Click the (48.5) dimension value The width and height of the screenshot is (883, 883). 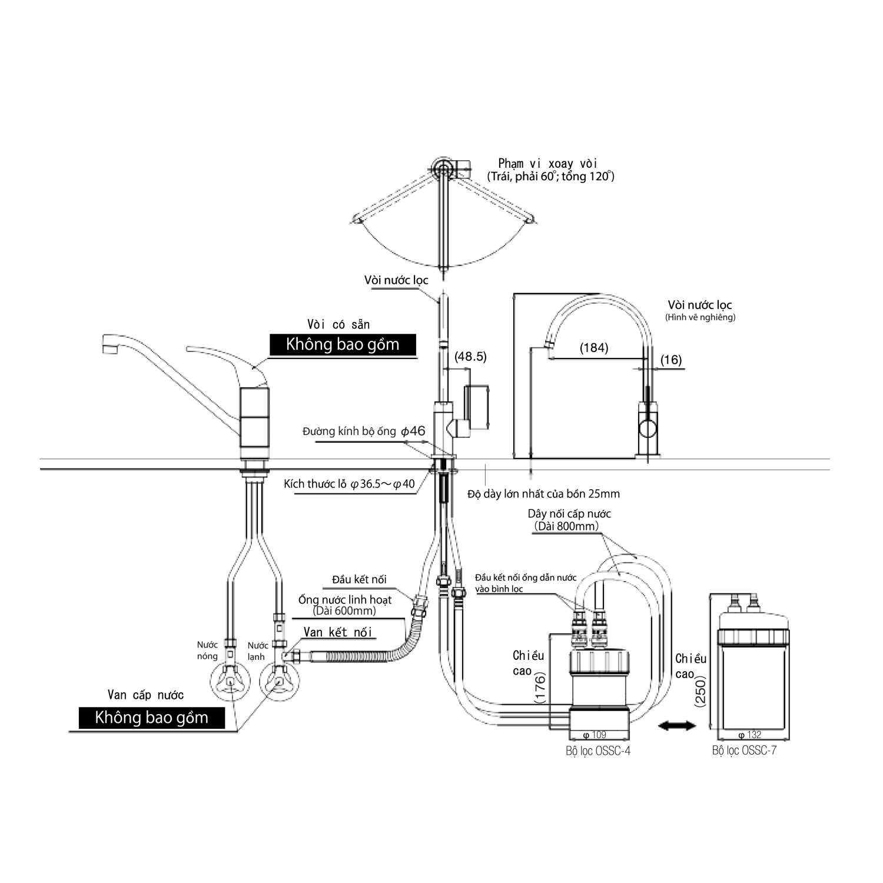click(x=471, y=357)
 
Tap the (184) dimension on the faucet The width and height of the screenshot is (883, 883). click(x=593, y=348)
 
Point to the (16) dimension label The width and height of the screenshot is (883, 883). click(x=670, y=360)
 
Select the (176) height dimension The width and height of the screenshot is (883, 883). click(x=540, y=688)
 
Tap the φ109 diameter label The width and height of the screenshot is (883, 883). click(x=594, y=735)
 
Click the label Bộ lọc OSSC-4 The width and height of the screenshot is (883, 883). click(x=597, y=751)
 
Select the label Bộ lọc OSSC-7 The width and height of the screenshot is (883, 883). click(x=744, y=751)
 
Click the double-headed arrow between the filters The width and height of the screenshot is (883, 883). click(x=677, y=726)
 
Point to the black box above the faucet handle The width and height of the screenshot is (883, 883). click(x=343, y=345)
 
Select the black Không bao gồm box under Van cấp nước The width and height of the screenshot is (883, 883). click(x=152, y=718)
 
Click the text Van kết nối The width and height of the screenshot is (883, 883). click(x=338, y=632)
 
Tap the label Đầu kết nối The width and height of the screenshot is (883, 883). click(x=359, y=580)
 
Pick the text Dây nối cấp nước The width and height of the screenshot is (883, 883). click(x=569, y=513)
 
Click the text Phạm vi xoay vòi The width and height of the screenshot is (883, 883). click(x=547, y=164)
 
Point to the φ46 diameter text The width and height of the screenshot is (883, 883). click(x=413, y=431)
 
